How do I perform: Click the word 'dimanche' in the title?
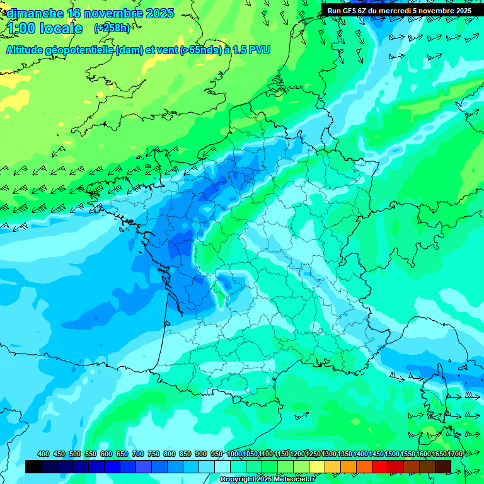35,13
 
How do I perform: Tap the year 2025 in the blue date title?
159,13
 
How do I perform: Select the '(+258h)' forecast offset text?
112,28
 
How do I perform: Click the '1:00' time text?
21,28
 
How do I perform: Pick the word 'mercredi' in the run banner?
405,11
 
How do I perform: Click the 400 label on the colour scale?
43,454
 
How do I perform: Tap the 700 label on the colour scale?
138,454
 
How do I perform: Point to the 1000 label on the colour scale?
234,454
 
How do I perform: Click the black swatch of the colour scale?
33,466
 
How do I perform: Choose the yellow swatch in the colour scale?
317,466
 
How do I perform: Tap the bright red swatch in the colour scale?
380,466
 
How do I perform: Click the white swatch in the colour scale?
222,466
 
